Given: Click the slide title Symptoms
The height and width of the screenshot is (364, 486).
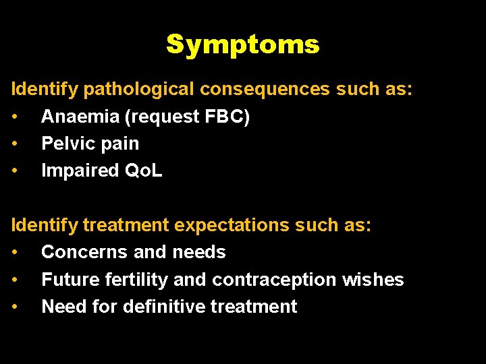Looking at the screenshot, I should [242, 44].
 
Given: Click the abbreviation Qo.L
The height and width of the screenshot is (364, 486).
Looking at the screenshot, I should [144, 171].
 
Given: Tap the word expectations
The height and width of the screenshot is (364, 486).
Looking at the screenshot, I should [233, 225].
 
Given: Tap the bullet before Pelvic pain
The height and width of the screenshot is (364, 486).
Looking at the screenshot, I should [15, 144].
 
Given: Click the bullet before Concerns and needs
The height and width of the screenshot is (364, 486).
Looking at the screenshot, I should [15, 253].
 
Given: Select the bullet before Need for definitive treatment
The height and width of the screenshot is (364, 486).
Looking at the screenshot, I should [15, 307].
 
